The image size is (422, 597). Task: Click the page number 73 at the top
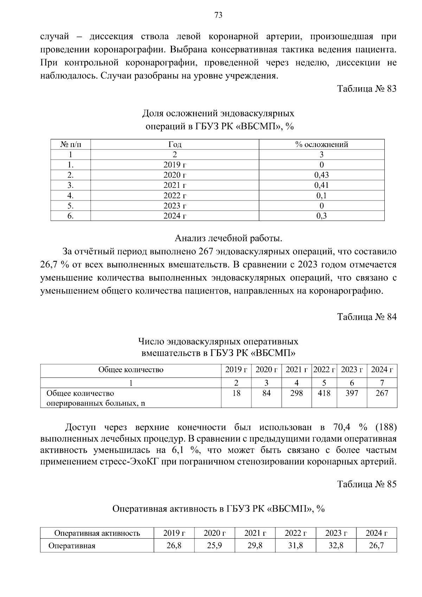click(218, 15)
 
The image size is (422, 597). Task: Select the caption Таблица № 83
click(367, 89)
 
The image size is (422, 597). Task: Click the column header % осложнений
click(321, 145)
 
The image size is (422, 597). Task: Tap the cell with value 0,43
click(321, 175)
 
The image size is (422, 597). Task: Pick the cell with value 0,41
click(321, 185)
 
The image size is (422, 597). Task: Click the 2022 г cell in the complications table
click(175, 196)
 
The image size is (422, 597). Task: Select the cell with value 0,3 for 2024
click(321, 216)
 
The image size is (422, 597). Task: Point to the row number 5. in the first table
click(70, 206)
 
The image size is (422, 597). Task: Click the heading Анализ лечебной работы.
click(229, 239)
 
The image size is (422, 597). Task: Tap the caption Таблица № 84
click(367, 317)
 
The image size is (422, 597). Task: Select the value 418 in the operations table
click(324, 393)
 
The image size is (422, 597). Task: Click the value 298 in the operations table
click(296, 393)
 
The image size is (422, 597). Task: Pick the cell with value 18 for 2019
click(236, 393)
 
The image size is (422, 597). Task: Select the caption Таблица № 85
click(367, 484)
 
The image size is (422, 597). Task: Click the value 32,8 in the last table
click(336, 546)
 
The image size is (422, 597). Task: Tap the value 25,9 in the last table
click(214, 546)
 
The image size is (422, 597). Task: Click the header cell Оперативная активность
click(97, 533)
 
